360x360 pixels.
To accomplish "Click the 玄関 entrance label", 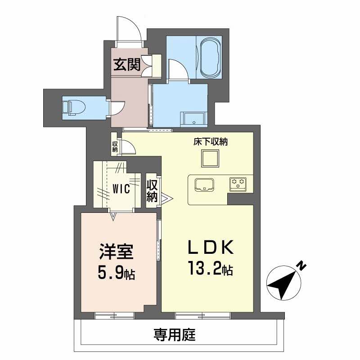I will (126, 65).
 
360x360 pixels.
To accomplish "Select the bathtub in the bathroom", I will (209, 58).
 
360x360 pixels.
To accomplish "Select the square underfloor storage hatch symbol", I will (210, 158).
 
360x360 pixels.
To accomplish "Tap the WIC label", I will (121, 189).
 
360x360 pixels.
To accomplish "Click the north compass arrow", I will (283, 282).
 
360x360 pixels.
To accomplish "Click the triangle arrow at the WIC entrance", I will (113, 216).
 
